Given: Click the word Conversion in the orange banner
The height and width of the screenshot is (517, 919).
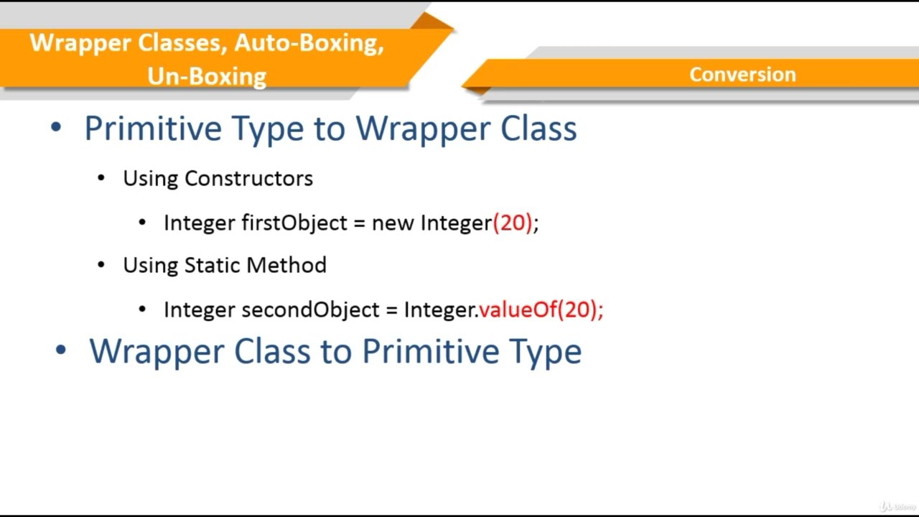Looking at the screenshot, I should (x=742, y=75).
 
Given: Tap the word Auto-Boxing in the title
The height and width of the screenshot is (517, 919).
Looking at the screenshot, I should (x=309, y=43).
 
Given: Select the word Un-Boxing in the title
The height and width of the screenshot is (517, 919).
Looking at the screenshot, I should (x=207, y=76).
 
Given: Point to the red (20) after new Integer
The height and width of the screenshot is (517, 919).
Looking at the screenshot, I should (x=513, y=223).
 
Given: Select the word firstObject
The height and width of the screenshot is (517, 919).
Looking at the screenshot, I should (x=294, y=223).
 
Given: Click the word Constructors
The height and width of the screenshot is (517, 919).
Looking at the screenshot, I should (x=248, y=178).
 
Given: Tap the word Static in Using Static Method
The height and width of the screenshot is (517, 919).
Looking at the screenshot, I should (x=213, y=265).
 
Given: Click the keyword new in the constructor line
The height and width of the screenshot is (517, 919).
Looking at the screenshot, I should (x=393, y=223).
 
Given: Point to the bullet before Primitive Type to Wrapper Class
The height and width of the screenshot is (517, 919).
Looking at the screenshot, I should (x=57, y=129).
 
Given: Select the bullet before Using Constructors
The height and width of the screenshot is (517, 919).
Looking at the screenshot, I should (x=101, y=178).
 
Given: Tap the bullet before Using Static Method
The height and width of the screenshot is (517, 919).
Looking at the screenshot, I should (x=101, y=265).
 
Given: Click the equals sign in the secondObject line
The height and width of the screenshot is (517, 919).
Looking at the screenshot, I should (x=391, y=310).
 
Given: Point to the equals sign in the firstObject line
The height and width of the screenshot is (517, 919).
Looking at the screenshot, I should (x=359, y=223).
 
